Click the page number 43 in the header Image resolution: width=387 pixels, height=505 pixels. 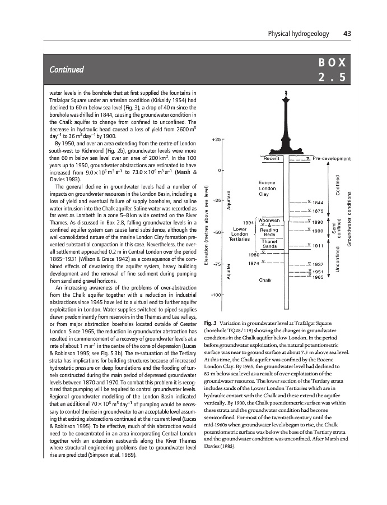pos(347,34)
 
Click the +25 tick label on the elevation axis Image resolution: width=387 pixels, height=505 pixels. pos(217,140)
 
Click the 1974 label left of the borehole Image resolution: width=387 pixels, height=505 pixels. pos(253,263)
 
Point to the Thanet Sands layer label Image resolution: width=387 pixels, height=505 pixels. pos(270,244)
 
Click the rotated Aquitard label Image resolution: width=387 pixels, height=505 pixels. pos(229,199)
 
